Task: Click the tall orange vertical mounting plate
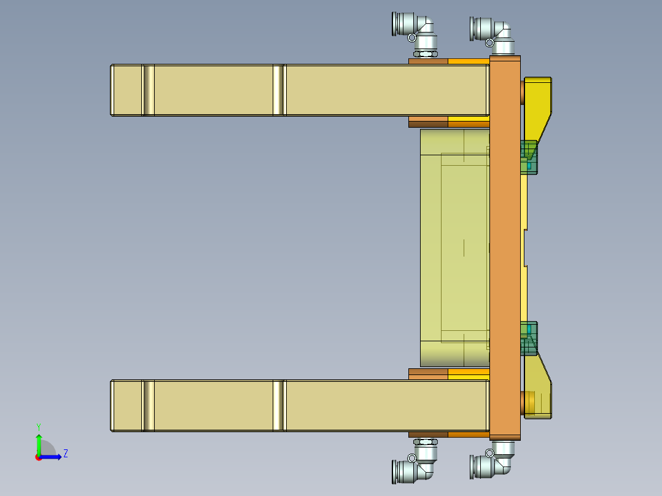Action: click(x=505, y=246)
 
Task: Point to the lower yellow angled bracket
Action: click(x=539, y=390)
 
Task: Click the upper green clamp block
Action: click(x=529, y=157)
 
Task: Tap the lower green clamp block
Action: click(x=529, y=338)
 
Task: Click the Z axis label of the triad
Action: click(x=65, y=454)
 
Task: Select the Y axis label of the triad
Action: click(x=38, y=427)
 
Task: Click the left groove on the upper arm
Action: click(x=148, y=90)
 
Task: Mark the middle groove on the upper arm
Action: click(x=279, y=90)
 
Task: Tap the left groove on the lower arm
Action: click(x=148, y=405)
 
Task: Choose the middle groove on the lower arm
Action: click(x=279, y=405)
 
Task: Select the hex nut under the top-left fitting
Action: click(x=424, y=55)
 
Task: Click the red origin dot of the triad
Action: click(x=38, y=457)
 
